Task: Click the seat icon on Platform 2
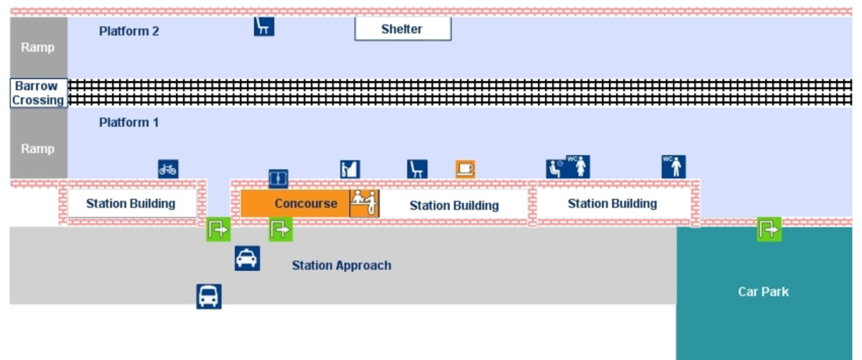(264, 27)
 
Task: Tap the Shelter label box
(402, 29)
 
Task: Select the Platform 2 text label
(129, 32)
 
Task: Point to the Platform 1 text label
(129, 123)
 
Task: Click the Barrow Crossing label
(37, 93)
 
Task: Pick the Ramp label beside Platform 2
(38, 47)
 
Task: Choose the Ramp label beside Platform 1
(38, 149)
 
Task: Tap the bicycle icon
(168, 170)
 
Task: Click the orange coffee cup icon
(465, 169)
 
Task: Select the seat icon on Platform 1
(417, 170)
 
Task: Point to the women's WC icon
(578, 166)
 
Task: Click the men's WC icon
(674, 166)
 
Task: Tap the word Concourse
(306, 204)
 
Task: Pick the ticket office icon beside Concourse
(365, 203)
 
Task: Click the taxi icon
(246, 258)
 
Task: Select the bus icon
(209, 296)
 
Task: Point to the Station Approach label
(341, 266)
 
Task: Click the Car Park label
(763, 292)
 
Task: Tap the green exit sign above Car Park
(769, 230)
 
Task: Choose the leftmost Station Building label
(131, 203)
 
